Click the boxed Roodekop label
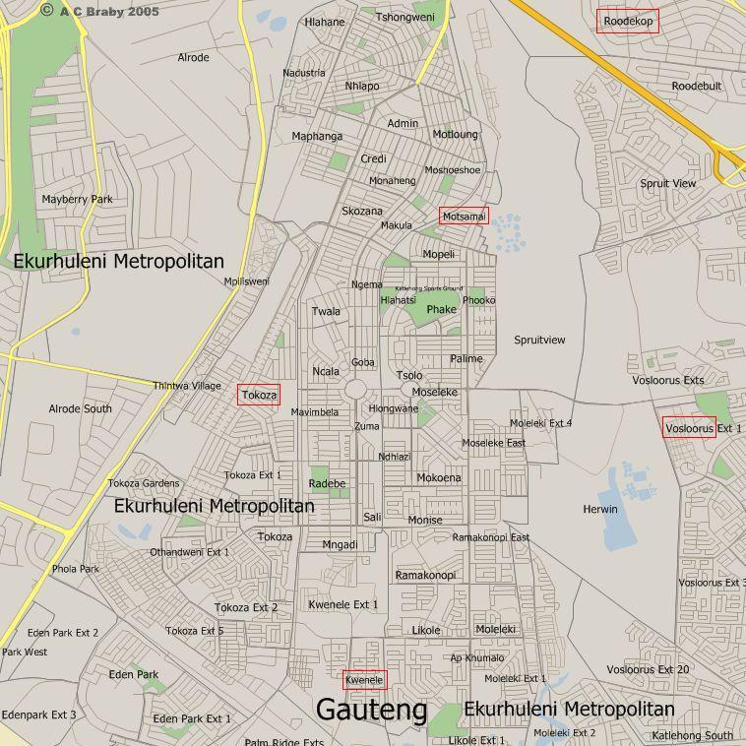pyautogui.click(x=627, y=21)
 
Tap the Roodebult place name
pyautogui.click(x=696, y=87)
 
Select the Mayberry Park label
pyautogui.click(x=78, y=200)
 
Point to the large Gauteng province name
pyautogui.click(x=371, y=710)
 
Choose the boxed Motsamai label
pyautogui.click(x=464, y=217)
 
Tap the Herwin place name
pyautogui.click(x=599, y=509)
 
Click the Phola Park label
pyautogui.click(x=76, y=569)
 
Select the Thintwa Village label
pyautogui.click(x=187, y=386)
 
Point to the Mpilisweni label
pyautogui.click(x=246, y=281)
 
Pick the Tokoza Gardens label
pyautogui.click(x=144, y=483)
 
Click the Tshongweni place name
pyautogui.click(x=404, y=18)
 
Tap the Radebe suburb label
pyautogui.click(x=327, y=483)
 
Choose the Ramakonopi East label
pyautogui.click(x=490, y=537)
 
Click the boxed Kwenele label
pyautogui.click(x=364, y=680)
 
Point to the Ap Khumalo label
pyautogui.click(x=476, y=658)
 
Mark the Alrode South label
pyautogui.click(x=80, y=408)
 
